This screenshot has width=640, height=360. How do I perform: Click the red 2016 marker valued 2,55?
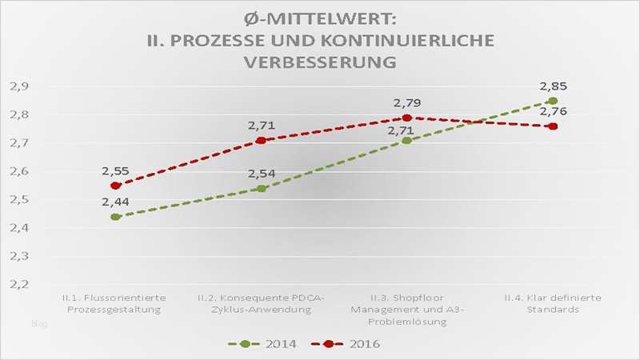116,186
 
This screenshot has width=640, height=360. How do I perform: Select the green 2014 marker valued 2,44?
116,217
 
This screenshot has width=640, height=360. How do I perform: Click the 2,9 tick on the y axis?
18,86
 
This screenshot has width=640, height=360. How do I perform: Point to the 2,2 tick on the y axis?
18,284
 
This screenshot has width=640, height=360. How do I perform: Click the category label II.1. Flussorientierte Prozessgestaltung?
116,304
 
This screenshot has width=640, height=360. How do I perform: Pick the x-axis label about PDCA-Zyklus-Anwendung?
261,304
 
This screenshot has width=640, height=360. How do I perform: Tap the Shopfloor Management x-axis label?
406,310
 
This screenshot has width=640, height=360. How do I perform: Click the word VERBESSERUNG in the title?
321,62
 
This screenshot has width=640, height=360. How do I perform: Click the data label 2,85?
553,86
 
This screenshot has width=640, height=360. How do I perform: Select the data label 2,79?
407,102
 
